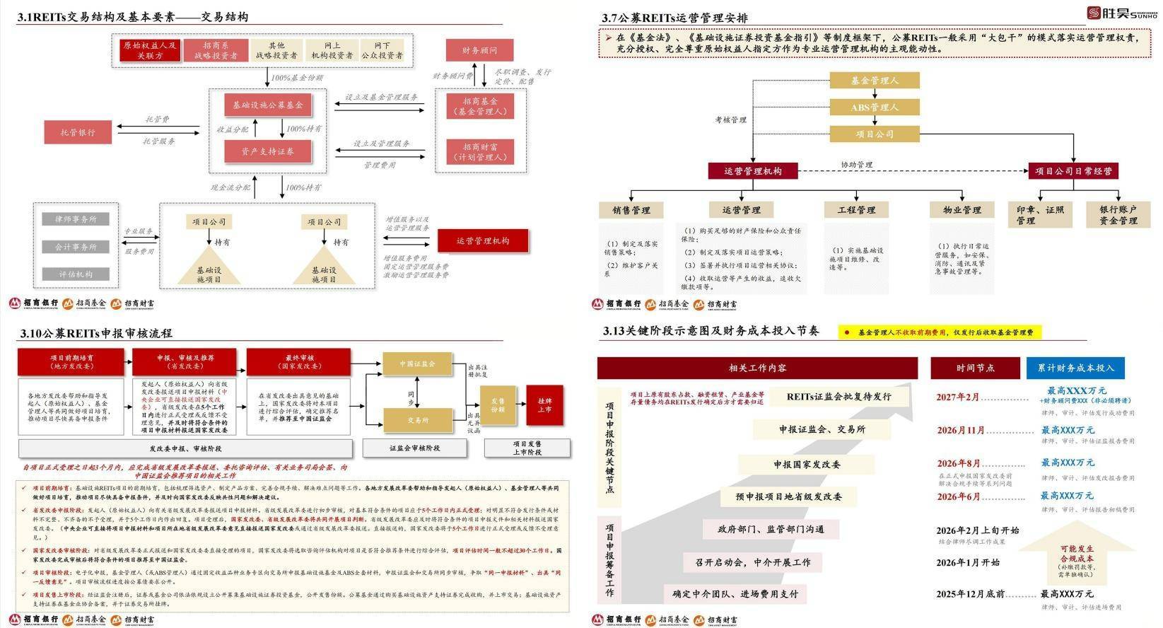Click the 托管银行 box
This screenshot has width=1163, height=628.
(78, 132)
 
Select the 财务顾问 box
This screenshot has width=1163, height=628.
(479, 51)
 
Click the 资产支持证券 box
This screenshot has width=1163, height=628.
(268, 151)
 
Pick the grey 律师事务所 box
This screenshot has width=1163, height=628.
(76, 219)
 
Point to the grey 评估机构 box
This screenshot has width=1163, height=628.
(76, 274)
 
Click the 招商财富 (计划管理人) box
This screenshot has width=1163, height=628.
(480, 152)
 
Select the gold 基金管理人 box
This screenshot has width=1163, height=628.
(874, 81)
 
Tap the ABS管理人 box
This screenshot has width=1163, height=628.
(874, 107)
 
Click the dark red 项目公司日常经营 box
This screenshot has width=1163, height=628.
(1073, 171)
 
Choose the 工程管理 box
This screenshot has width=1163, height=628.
(856, 210)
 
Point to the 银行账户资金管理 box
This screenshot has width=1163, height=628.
(1118, 215)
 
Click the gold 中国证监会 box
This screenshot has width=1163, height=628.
(417, 364)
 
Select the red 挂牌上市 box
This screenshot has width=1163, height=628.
(544, 405)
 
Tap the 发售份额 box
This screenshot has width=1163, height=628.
(498, 405)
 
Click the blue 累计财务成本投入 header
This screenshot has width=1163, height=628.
(1075, 368)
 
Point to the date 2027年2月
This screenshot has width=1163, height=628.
(958, 397)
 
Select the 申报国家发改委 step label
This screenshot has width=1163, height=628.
(806, 465)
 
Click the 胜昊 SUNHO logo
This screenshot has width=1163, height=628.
(1121, 13)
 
